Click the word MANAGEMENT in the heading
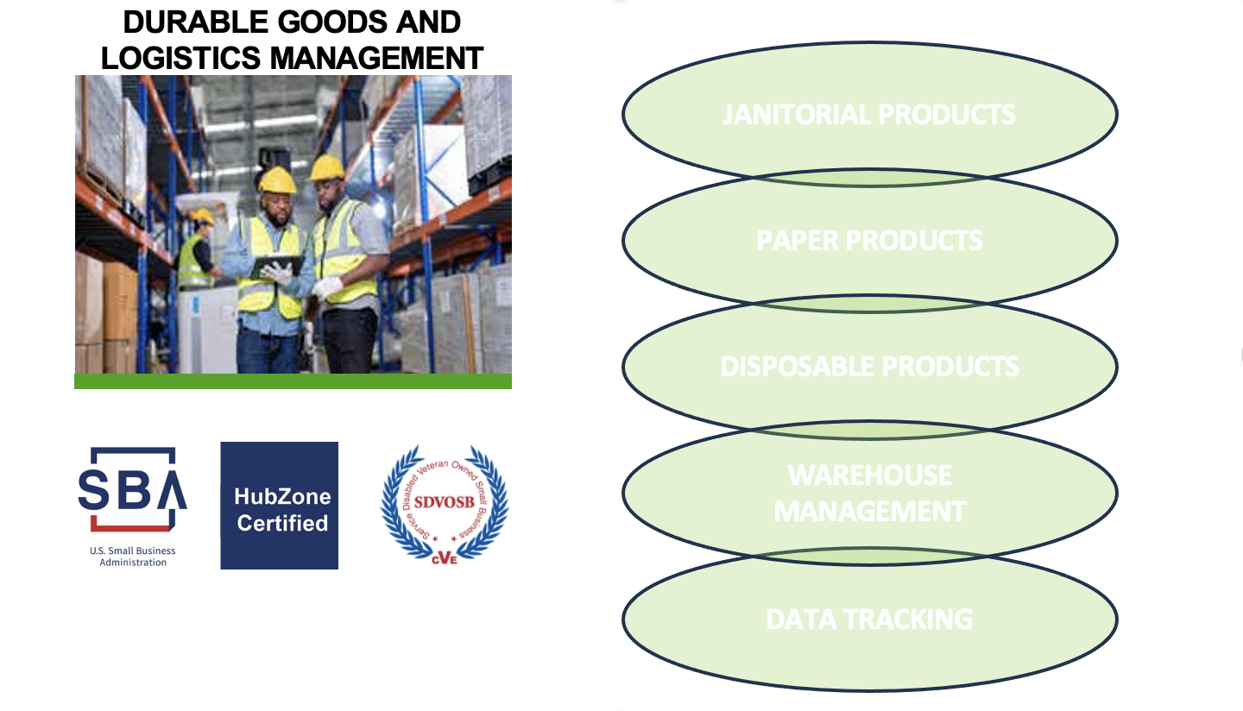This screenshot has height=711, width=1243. [x=376, y=58]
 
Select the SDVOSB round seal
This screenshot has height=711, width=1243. [x=445, y=503]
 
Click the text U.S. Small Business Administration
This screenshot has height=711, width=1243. [x=132, y=557]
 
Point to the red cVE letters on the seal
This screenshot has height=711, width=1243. [x=445, y=557]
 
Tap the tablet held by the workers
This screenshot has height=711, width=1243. [x=276, y=266]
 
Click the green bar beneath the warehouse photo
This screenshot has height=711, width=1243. [x=293, y=381]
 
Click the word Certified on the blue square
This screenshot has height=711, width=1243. [x=282, y=523]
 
